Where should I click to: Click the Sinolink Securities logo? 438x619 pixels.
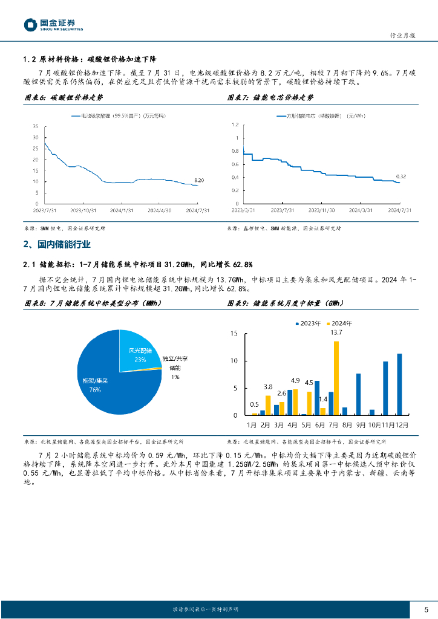53,25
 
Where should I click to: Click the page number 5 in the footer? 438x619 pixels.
427,609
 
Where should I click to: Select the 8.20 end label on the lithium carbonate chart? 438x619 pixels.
199,180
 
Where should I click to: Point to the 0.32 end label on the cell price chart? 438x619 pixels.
400,177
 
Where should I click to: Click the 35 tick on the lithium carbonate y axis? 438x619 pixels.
36,126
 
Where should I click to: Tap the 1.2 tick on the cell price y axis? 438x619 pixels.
235,124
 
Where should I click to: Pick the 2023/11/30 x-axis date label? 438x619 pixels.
321,211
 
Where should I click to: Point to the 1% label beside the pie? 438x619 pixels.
175,377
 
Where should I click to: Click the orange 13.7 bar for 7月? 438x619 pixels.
336,378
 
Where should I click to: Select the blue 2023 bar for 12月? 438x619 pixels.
399,384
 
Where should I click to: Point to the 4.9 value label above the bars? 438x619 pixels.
295,381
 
